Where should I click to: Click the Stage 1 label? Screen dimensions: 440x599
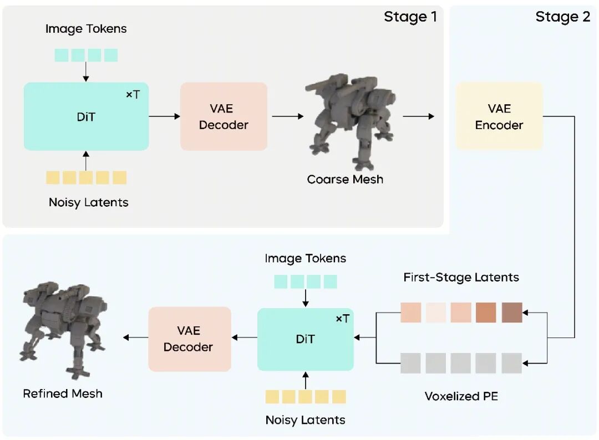pos(410,17)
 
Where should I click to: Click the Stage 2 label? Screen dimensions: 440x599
pos(562,17)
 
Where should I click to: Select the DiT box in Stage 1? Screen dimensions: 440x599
pos(86,116)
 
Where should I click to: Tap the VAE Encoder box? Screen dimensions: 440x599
pos(499,116)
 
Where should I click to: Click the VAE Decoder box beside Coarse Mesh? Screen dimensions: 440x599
pos(224,116)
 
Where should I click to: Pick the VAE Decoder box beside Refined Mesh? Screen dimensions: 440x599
pos(189,339)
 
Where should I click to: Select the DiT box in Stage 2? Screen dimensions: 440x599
pos(305,339)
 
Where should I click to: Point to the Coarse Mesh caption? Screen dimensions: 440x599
pos(345,180)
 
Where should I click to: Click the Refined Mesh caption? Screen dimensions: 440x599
pos(63,393)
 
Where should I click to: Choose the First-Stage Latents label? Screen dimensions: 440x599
pos(461,277)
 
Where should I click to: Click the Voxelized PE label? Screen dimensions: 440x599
pos(461,396)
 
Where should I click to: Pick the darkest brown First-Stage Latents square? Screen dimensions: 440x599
pos(512,313)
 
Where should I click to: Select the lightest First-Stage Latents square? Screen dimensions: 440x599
pos(436,313)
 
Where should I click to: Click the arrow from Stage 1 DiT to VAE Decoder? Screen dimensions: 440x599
pos(165,116)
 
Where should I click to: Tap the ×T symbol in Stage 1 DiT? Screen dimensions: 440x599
pos(133,95)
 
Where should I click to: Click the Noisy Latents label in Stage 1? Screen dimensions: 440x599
pos(88,202)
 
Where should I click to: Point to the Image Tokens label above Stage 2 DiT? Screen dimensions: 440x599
pos(305,258)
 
